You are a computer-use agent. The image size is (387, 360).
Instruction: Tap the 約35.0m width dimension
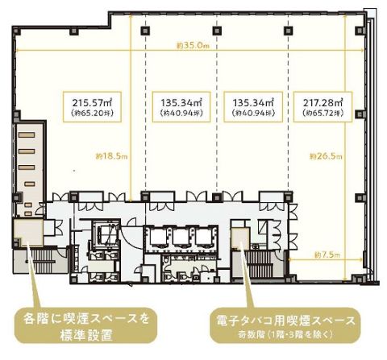point(193,47)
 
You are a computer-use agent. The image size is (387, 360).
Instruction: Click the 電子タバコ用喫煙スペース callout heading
point(286,320)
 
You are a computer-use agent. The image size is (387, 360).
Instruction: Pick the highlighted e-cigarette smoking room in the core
point(239,239)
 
